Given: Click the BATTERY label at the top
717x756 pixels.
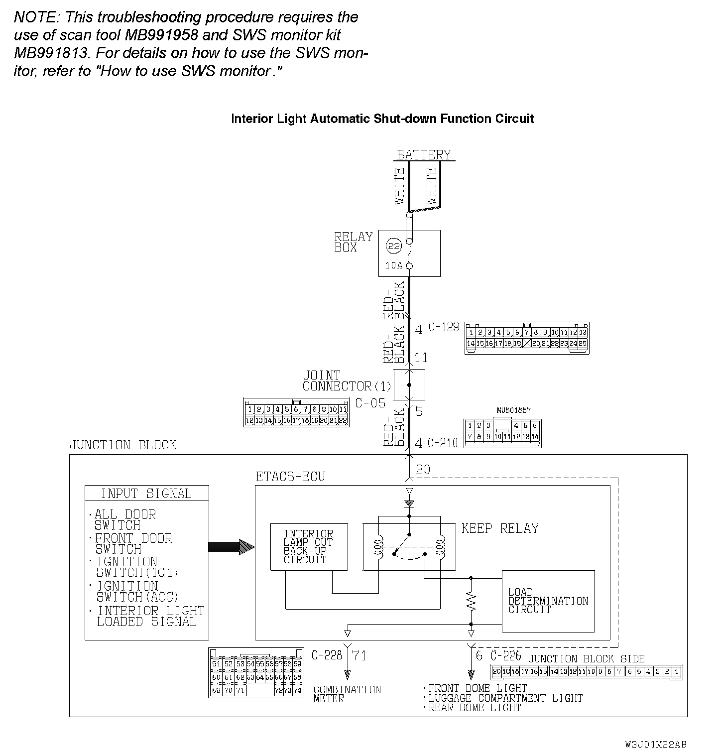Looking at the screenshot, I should tap(424, 155).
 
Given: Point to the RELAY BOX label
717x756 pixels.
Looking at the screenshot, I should tap(353, 242).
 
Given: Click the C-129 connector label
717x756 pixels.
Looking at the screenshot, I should tap(444, 327).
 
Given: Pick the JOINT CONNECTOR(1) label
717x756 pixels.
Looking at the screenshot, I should tap(347, 381).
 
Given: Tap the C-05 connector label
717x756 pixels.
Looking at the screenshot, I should tap(370, 403).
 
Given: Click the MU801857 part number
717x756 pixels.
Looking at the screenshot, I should tap(513, 410).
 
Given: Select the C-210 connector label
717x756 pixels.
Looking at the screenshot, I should tap(442, 443).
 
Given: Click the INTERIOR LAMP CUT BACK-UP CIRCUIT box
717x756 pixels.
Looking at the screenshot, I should tap(309, 547).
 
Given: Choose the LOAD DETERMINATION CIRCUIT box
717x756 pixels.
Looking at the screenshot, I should tap(548, 601).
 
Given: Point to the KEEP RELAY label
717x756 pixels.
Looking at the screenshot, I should tap(500, 528).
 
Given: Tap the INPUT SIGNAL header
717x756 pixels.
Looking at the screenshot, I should tap(146, 494).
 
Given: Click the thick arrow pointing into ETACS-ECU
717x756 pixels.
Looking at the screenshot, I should tap(232, 547).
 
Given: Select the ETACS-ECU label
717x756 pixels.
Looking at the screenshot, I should tap(290, 477).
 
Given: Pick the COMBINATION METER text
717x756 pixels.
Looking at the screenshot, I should tap(347, 694).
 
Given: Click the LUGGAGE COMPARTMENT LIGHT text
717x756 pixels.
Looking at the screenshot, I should tap(505, 698).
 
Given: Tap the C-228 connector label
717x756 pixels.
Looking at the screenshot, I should tap(327, 655).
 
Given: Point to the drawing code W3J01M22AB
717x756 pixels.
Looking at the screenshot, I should tap(656, 745).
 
